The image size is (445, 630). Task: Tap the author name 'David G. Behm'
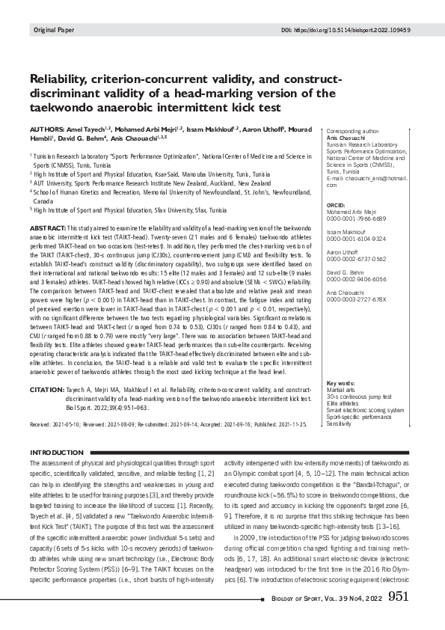coord(85,138)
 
